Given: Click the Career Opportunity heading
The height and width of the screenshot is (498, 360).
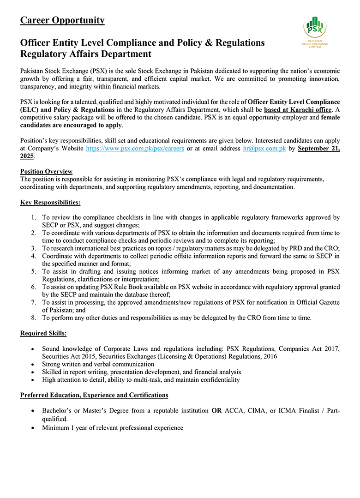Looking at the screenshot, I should [62, 20].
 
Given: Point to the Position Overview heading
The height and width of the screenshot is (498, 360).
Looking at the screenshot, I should [46, 172].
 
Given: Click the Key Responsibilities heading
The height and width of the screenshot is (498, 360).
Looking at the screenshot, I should [50, 203].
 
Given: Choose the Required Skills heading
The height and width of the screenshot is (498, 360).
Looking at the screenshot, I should [43, 333].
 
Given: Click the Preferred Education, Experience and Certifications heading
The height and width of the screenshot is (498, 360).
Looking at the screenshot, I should [94, 395].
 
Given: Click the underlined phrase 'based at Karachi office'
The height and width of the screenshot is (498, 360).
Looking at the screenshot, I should [298, 110].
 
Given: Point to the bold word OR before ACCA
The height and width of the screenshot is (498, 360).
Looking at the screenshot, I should [216, 410].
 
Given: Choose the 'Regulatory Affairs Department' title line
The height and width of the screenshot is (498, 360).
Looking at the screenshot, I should [86, 54].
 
